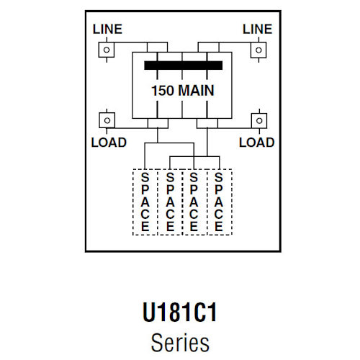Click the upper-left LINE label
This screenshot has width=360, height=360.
point(107,29)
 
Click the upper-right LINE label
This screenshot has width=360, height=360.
point(257,29)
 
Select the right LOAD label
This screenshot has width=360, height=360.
point(257,143)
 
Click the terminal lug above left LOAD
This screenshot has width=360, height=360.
point(106,120)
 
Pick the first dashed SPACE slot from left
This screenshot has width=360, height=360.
point(145,202)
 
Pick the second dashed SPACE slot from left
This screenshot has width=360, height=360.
point(170,202)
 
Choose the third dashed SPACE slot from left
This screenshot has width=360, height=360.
point(194,202)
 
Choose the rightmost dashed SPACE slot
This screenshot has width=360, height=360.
point(219,202)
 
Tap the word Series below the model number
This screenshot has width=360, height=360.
point(180,341)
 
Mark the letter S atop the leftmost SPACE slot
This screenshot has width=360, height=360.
point(145,176)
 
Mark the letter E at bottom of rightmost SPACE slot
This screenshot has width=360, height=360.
point(219,227)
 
